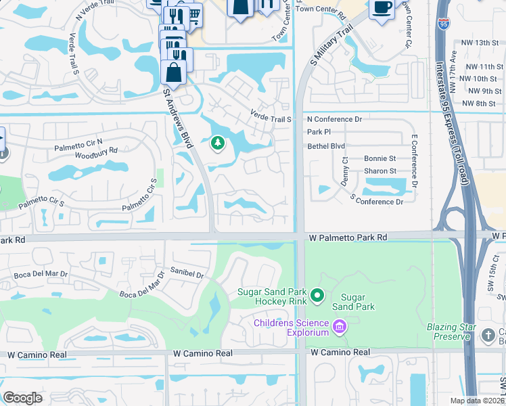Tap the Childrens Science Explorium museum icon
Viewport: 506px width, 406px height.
(340, 328)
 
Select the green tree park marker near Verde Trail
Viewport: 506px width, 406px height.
(217, 143)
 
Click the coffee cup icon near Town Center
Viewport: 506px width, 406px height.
(381, 8)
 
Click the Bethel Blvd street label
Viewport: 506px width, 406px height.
(326, 145)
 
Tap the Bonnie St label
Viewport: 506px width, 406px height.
(379, 158)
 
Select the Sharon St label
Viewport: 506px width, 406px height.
(379, 171)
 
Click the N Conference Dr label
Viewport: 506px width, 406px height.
(334, 119)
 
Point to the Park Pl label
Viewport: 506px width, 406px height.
(319, 132)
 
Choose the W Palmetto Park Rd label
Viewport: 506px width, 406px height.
(348, 238)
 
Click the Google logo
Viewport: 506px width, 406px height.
(22, 398)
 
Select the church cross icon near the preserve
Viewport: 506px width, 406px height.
(489, 335)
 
